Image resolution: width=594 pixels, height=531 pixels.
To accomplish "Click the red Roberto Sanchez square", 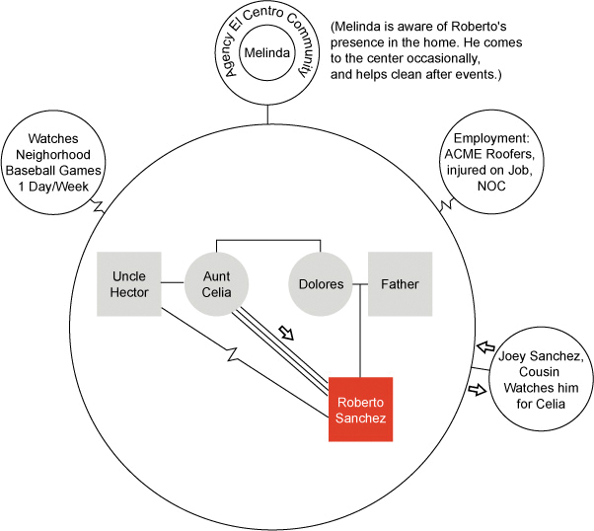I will click(361, 409).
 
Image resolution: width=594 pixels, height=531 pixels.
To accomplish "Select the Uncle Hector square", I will click(130, 284).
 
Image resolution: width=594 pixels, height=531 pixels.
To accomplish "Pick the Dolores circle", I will click(321, 284).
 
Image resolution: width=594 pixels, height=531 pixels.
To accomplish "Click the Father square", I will click(400, 284).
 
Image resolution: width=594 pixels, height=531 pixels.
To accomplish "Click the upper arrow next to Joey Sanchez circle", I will click(482, 346).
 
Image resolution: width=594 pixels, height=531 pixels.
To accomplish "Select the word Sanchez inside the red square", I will click(361, 417).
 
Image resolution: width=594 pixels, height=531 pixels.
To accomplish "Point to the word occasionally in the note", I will click(446, 58).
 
